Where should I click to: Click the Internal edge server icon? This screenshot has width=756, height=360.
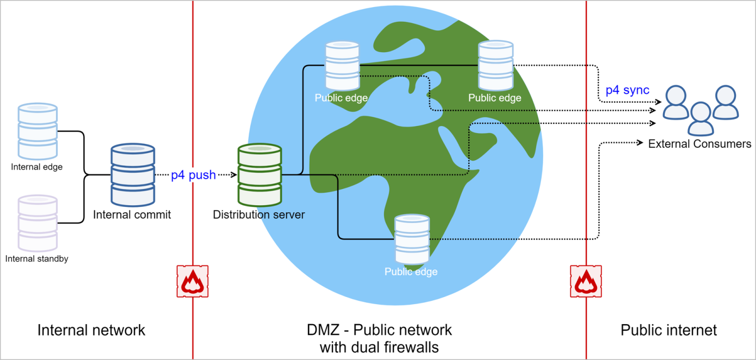[x=37, y=131]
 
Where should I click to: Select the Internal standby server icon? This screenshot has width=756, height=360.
[x=37, y=223]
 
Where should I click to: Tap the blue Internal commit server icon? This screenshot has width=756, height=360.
[x=133, y=174]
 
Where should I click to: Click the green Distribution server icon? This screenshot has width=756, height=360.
[x=260, y=174]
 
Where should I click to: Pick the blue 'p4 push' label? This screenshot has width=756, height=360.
[x=193, y=175]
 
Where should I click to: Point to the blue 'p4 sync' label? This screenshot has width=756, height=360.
[x=627, y=90]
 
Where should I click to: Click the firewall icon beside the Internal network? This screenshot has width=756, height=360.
[x=192, y=281]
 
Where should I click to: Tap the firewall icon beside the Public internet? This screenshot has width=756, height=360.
[x=585, y=281]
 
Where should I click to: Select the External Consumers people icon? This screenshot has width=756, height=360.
[x=701, y=109]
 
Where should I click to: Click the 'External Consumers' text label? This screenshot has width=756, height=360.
[x=700, y=144]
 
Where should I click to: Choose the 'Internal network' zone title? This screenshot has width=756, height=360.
[x=91, y=330]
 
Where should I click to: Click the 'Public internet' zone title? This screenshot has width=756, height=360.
[x=669, y=330]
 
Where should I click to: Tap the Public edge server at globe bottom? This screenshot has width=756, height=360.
[x=412, y=239]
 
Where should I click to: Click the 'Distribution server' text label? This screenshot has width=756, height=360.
[x=259, y=215]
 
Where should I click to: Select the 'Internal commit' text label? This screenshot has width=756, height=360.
[x=132, y=215]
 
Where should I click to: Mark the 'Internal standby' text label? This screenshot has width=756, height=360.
[x=37, y=259]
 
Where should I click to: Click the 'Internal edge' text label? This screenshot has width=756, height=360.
[x=37, y=167]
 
